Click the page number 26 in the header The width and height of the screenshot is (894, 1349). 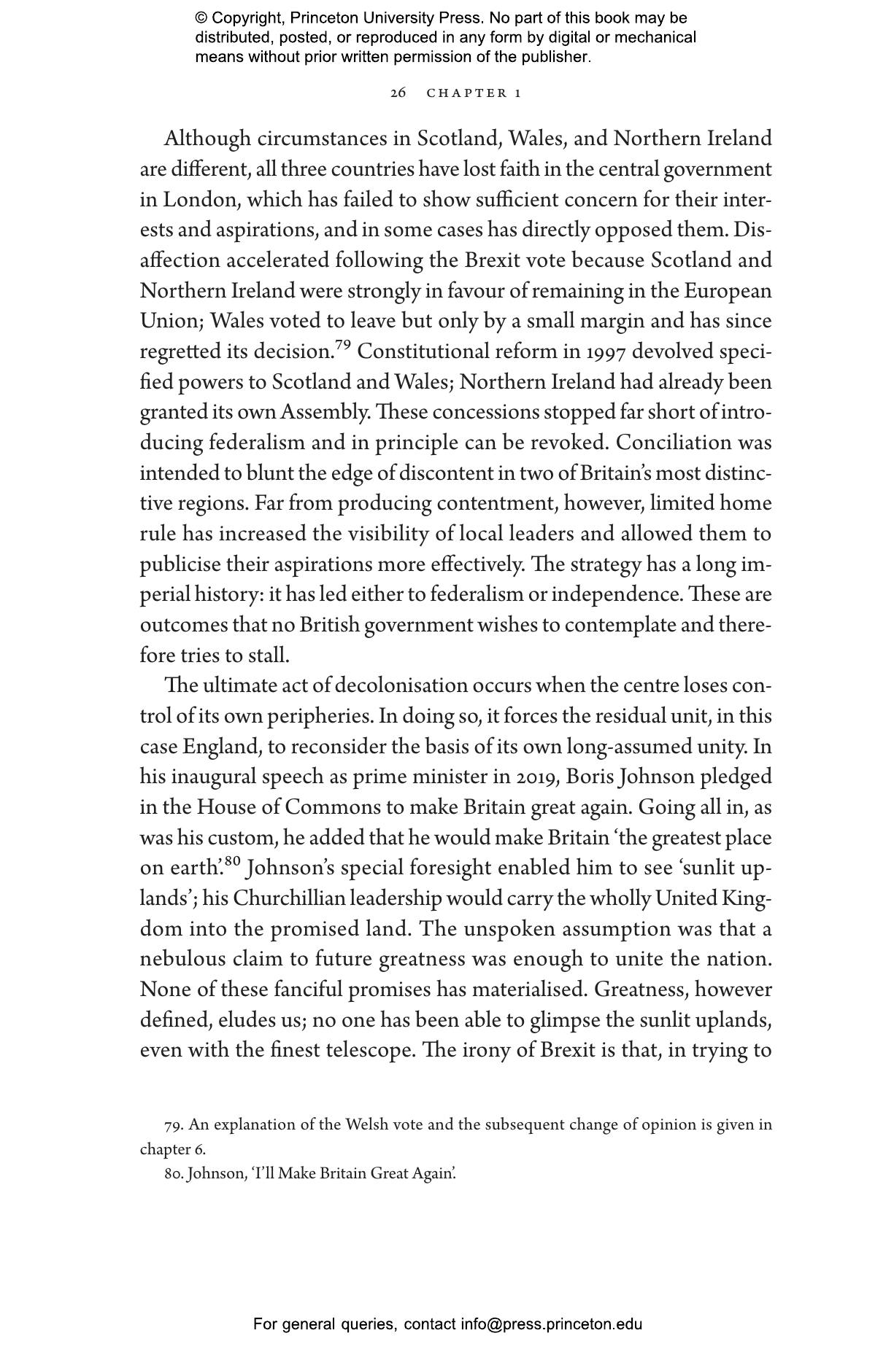pos(398,93)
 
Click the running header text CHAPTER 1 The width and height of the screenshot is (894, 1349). pos(474,93)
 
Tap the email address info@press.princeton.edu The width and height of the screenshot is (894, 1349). pos(551,1324)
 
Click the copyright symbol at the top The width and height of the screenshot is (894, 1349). pos(201,18)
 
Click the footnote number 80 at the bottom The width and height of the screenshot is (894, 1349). pos(174,1173)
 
